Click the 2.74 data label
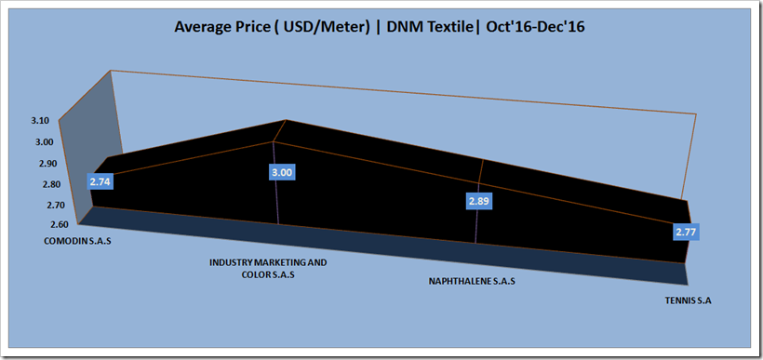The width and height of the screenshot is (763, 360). point(100,182)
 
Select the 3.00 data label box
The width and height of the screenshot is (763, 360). point(282,172)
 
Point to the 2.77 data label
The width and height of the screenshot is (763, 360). point(686,232)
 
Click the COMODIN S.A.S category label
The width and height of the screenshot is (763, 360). point(78,241)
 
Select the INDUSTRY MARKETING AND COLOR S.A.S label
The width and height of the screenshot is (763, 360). point(269,269)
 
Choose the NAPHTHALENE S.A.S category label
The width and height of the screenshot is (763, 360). point(472,281)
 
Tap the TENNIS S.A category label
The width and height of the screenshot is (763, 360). point(688,301)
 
